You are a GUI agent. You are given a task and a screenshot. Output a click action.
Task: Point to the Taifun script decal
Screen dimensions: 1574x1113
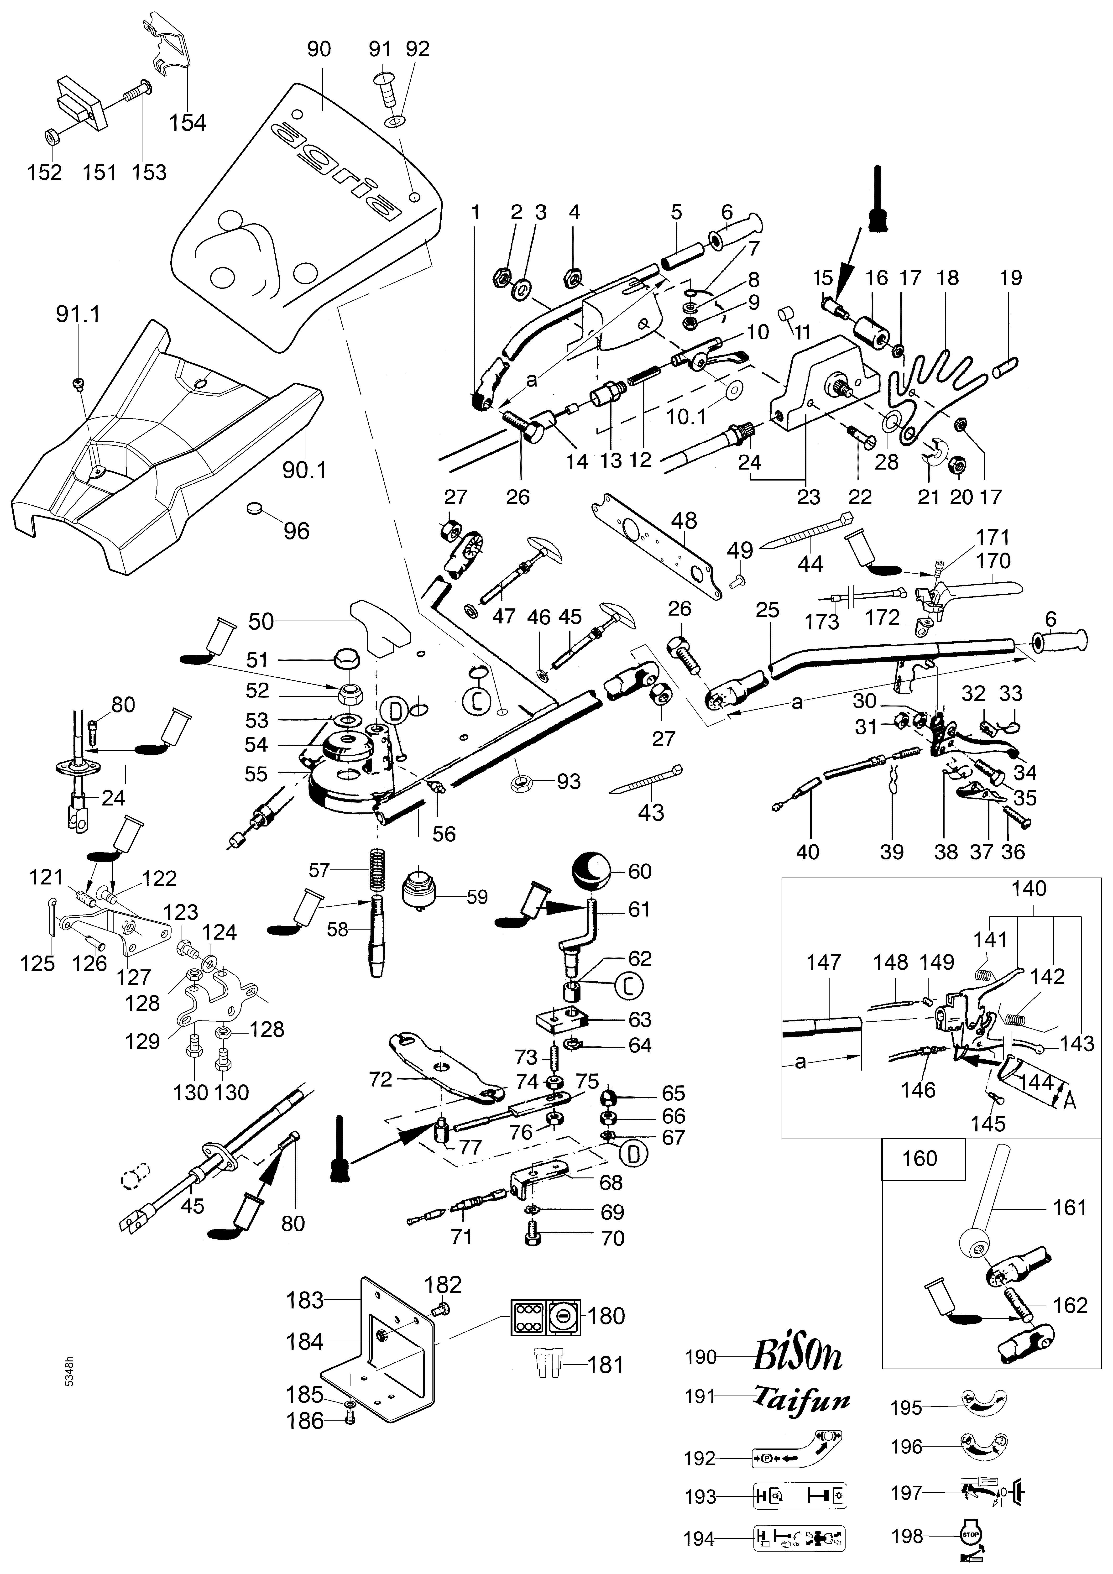pyautogui.click(x=802, y=1397)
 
